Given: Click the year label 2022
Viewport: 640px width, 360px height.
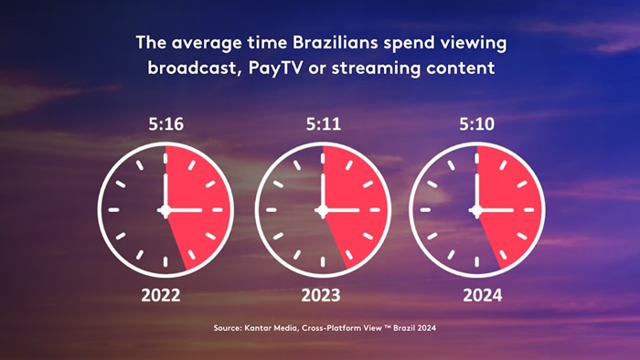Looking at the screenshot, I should tap(165, 295).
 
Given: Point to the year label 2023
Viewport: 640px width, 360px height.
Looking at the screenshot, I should tap(320, 295).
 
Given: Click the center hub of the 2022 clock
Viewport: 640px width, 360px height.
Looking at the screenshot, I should tap(165, 210).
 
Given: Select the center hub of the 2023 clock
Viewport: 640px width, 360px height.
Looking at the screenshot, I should tap(320, 210).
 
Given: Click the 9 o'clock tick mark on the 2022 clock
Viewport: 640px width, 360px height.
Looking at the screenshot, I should tap(114, 210).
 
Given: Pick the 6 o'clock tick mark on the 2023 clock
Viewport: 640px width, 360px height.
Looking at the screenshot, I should tap(320, 261).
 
